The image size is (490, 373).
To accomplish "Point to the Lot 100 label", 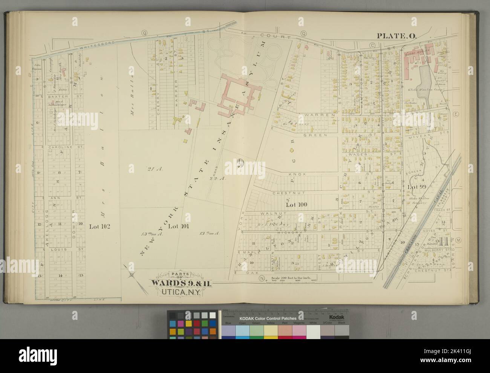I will coord(297,205).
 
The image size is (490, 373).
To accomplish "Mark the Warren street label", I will coord(323,115).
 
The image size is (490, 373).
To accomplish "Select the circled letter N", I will coord(261,279).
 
